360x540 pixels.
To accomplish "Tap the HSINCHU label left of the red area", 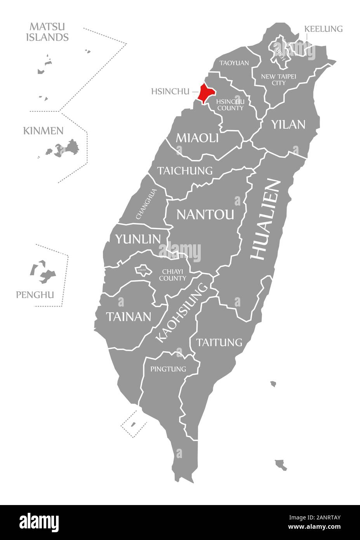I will (170, 92).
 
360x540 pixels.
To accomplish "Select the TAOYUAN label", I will (234, 63).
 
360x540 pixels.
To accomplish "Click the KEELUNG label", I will (323, 29).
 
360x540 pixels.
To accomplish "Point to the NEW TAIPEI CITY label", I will (278, 79).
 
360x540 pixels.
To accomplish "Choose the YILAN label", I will (288, 124).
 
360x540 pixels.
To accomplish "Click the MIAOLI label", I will (197, 138).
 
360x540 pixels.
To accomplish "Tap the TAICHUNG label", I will (185, 170).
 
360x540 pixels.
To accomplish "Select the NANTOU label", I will (205, 214).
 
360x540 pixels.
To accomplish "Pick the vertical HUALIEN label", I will (266, 219).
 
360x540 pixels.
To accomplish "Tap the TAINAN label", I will (129, 317).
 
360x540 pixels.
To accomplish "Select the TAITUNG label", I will (219, 342).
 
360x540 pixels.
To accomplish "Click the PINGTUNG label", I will (168, 369).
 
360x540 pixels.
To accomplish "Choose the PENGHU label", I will (35, 295).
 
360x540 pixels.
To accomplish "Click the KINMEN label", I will (43, 131).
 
